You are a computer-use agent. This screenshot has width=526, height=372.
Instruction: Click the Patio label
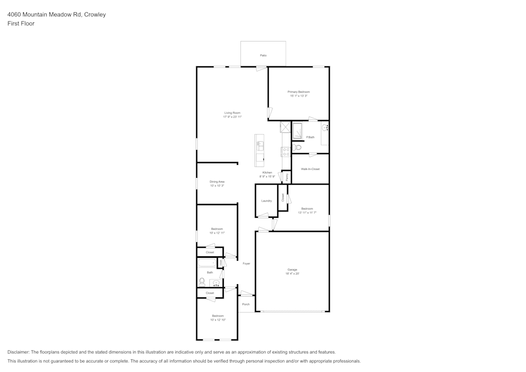263,55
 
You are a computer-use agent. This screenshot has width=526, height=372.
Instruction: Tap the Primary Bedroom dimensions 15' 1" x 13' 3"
298,96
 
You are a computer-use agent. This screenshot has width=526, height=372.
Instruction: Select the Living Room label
232,113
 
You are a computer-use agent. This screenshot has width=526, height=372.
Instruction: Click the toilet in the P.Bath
298,148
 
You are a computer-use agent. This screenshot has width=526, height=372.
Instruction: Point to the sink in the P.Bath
325,127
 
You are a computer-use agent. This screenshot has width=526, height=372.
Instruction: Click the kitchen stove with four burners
286,152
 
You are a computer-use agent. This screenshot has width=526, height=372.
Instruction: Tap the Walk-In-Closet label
310,169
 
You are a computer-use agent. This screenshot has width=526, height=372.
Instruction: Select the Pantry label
287,178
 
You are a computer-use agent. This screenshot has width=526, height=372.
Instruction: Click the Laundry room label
267,200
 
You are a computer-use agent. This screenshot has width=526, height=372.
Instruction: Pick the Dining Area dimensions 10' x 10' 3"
217,186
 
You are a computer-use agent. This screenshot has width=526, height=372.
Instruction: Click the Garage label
292,269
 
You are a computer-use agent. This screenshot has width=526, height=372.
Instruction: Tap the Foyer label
246,263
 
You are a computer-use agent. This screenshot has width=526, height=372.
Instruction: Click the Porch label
246,304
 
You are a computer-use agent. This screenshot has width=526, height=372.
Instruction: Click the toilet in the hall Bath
202,281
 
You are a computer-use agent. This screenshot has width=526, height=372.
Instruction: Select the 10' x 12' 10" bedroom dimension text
218,320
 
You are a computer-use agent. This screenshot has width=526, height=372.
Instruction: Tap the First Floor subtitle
21,24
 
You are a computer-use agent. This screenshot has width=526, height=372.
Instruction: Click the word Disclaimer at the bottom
18,352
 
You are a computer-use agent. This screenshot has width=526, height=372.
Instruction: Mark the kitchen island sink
259,144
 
